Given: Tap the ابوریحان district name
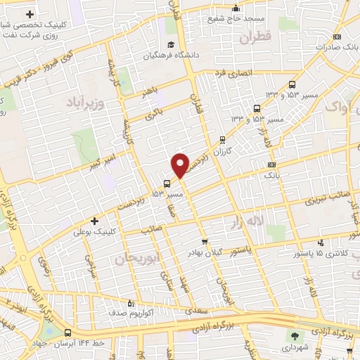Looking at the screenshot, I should click(x=133, y=260).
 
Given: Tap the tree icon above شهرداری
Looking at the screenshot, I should click(x=295, y=335).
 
